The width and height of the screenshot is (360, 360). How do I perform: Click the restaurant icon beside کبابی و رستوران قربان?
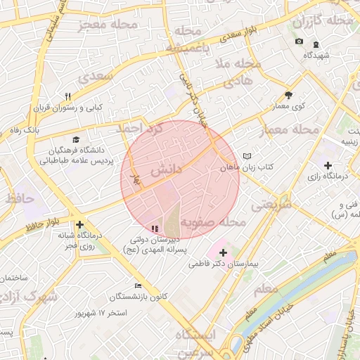(68, 96)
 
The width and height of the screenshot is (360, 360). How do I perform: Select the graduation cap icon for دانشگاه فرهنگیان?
(76, 139)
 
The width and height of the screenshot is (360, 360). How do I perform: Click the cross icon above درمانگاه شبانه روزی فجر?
(79, 224)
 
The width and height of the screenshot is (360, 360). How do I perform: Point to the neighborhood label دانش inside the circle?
(166, 169)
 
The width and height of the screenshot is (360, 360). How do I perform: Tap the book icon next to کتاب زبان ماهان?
(245, 156)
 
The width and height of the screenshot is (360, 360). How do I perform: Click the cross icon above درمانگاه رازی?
(328, 165)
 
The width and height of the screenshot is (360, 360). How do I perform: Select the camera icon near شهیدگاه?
(299, 41)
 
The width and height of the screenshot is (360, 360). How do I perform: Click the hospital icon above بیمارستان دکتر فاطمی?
(224, 252)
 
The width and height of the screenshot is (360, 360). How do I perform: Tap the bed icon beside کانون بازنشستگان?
(138, 285)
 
